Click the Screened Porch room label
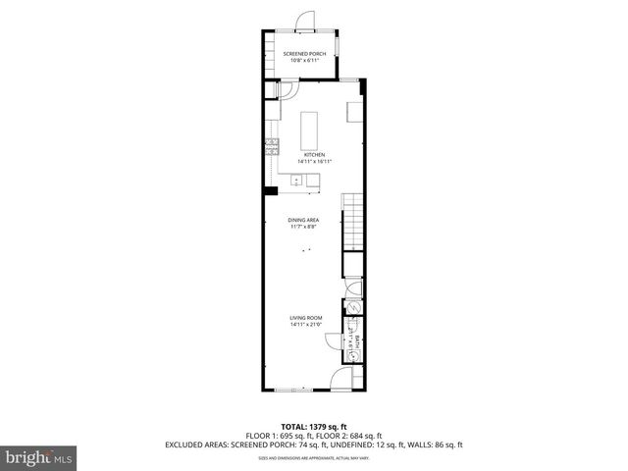click(304, 53)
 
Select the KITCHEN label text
click(314, 155)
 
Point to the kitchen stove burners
click(271, 149)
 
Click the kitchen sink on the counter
click(295, 180)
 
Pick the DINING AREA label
click(303, 220)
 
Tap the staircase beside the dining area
click(353, 221)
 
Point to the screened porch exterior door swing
click(306, 21)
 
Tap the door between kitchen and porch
click(290, 89)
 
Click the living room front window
click(294, 391)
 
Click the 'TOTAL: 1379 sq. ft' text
click(314, 427)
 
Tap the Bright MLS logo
click(38, 457)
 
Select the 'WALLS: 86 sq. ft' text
click(437, 445)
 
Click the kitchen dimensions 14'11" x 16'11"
click(314, 162)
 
